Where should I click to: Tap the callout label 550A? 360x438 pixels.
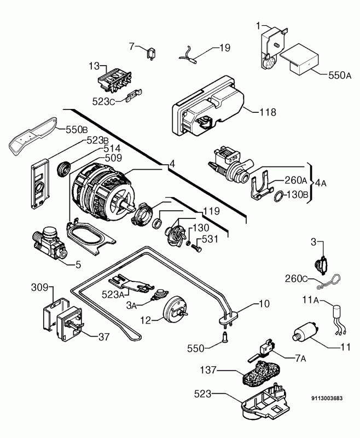pyautogui.click(x=340, y=76)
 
